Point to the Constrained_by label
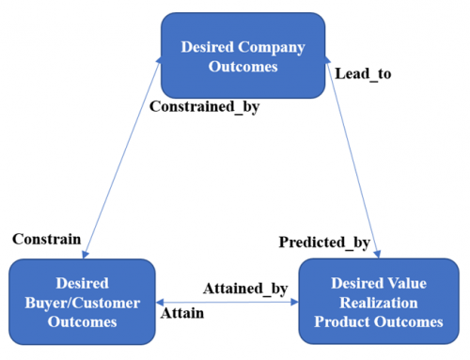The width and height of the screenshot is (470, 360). point(204,106)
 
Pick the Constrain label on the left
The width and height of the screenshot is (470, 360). point(46,239)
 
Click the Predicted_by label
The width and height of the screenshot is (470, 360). point(324,243)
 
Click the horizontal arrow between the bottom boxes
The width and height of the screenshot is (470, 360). point(226,302)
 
